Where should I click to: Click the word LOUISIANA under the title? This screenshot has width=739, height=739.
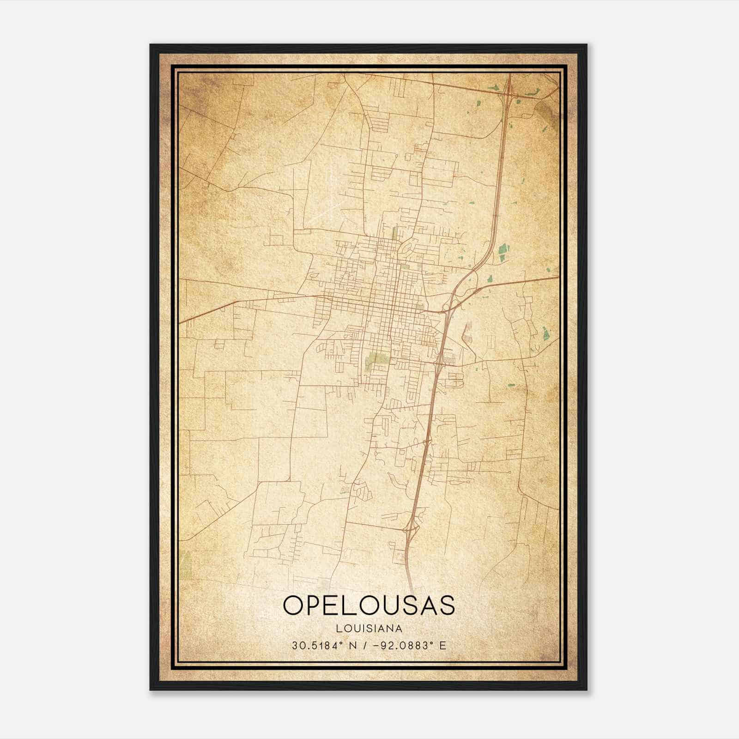coord(369,628)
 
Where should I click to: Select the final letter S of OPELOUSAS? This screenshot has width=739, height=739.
coord(446,605)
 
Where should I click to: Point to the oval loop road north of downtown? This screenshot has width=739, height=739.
coord(406,249)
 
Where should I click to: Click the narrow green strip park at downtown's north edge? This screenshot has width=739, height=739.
coord(395,231)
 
